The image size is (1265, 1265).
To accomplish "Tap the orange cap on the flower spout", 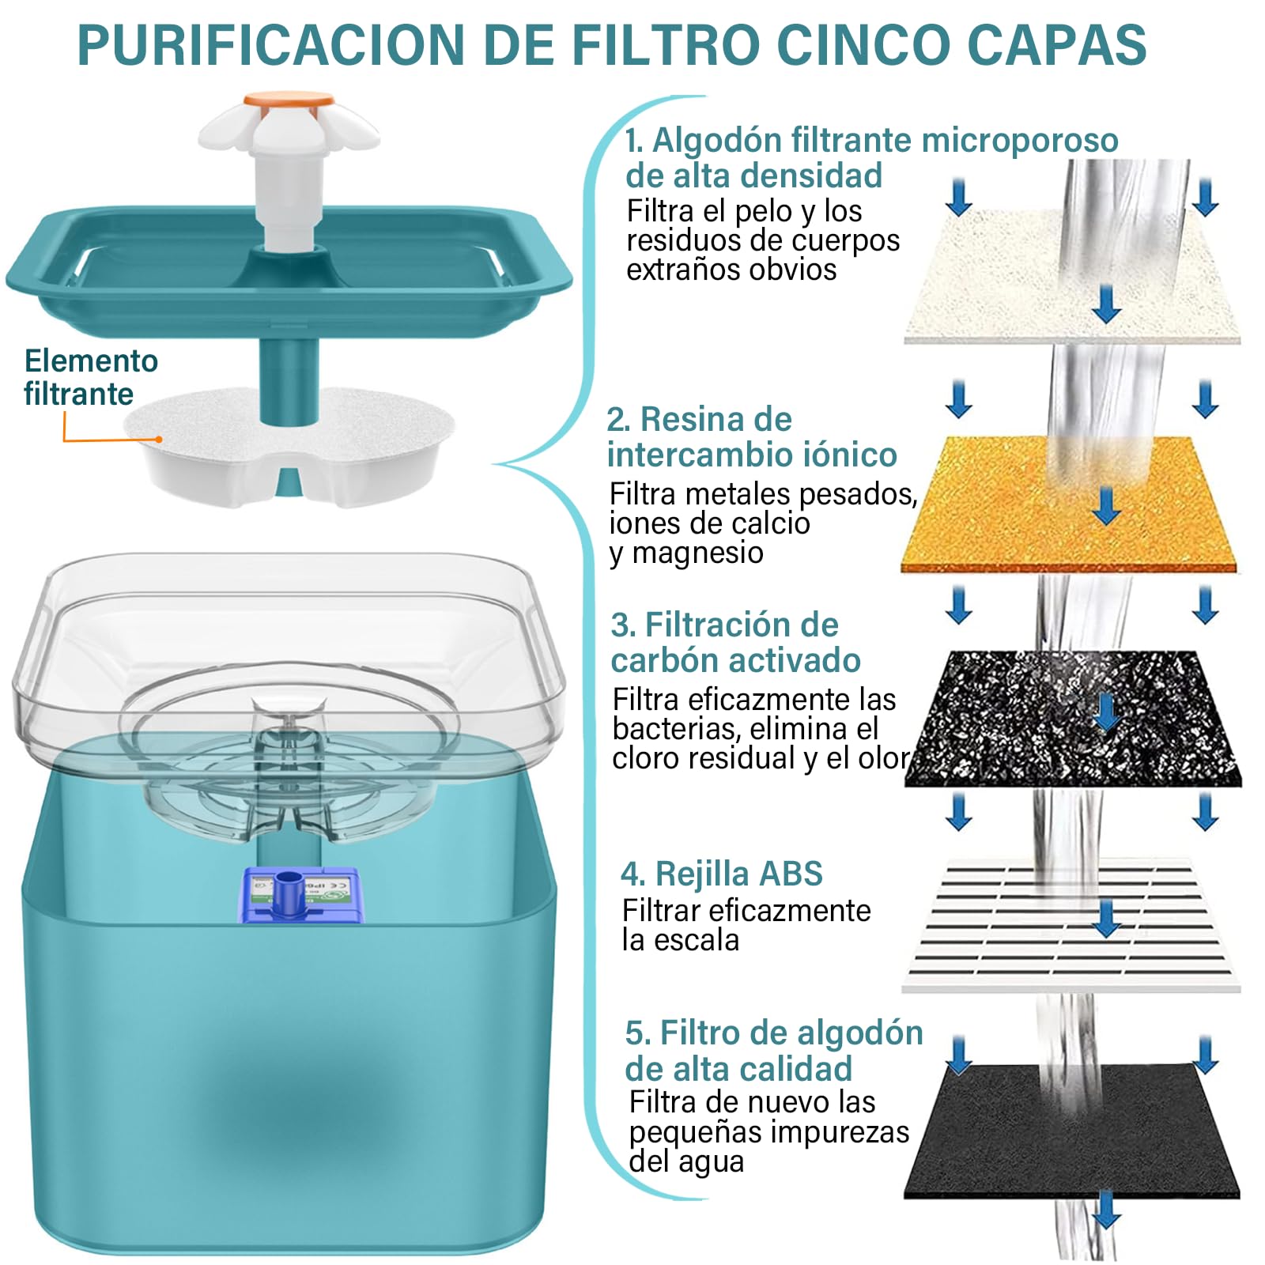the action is click(289, 100).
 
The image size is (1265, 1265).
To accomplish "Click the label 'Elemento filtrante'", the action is click(91, 377).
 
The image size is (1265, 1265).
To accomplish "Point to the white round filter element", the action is click(290, 445).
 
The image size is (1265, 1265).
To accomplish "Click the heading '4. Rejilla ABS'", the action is click(721, 874).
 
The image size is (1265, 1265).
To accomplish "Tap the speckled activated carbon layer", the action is click(1074, 718).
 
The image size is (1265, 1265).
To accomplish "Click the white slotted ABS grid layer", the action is click(1071, 923).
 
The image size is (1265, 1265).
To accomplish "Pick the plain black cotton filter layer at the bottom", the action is click(1072, 1131).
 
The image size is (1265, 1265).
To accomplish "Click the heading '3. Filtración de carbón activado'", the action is click(735, 642).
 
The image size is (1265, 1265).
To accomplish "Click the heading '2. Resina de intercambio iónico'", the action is click(752, 436).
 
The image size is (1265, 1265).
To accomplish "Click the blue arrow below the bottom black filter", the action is click(1106, 1210).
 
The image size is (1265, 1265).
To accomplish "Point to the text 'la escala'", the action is click(680, 940).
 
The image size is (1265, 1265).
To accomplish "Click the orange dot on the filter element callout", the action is click(159, 440).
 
